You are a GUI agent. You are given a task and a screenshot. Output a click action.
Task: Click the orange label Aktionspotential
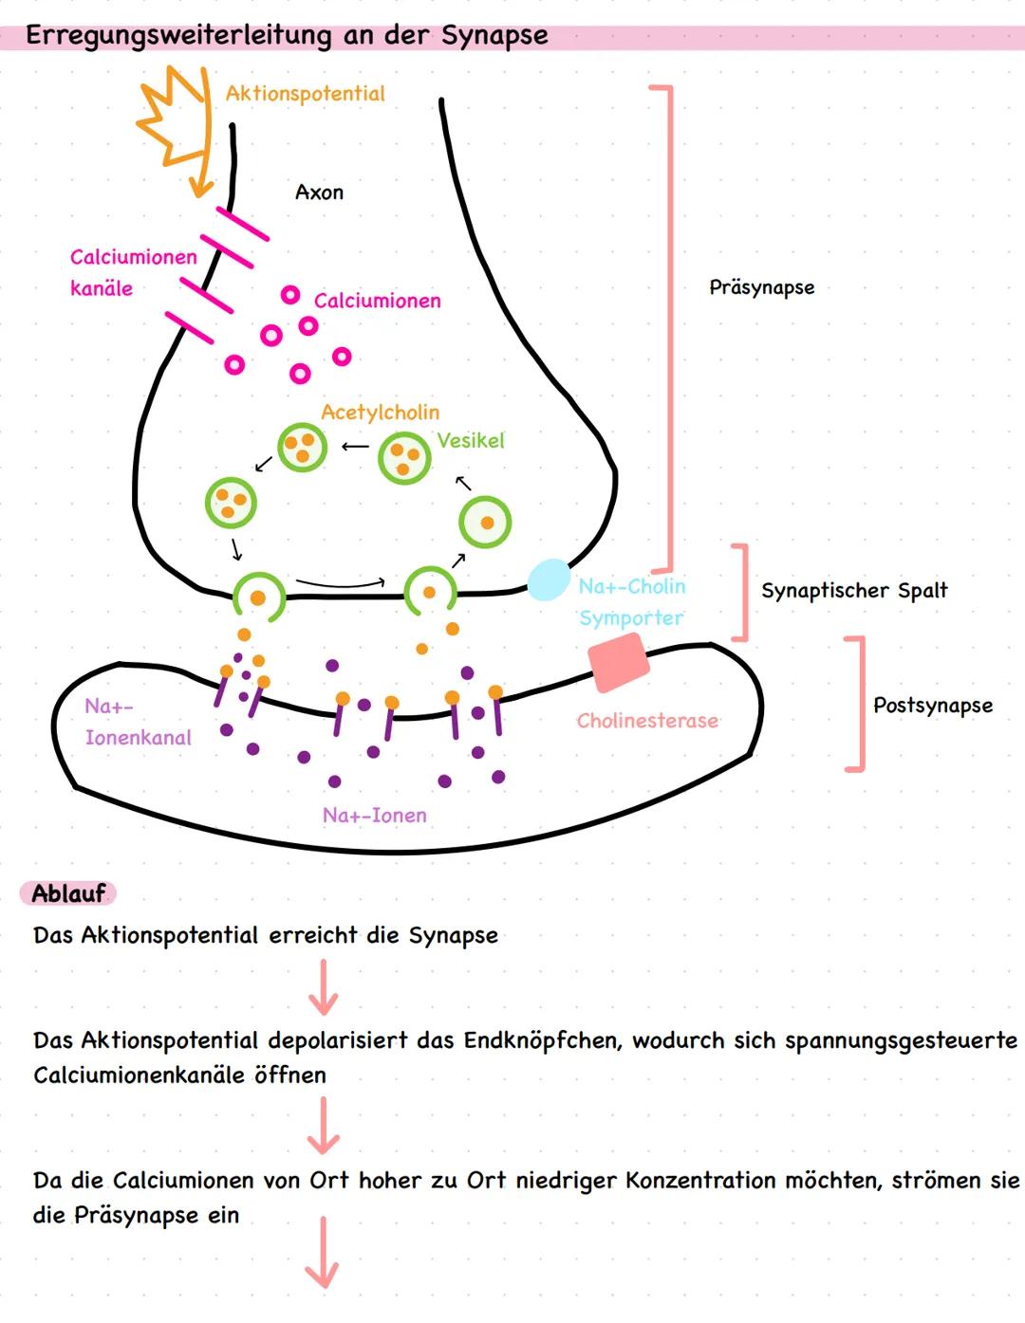(x=305, y=94)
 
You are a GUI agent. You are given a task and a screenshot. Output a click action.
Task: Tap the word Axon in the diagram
(x=319, y=193)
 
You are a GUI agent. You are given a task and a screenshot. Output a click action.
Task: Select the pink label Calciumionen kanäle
(x=133, y=272)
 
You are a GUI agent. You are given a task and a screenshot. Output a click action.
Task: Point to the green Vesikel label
(x=471, y=441)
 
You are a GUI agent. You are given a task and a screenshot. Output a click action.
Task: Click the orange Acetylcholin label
(x=380, y=413)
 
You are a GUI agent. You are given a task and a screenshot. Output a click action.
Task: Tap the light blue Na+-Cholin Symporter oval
(x=548, y=579)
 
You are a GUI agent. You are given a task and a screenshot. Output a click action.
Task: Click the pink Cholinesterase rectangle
(x=619, y=662)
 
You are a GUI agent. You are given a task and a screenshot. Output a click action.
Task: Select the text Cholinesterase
(x=647, y=721)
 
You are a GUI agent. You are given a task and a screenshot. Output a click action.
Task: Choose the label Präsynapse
(x=761, y=287)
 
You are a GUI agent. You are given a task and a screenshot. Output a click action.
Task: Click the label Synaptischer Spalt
(x=853, y=591)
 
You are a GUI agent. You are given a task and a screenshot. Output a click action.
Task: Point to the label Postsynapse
(x=932, y=706)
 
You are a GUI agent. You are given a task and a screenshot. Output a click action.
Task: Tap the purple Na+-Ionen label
(x=374, y=816)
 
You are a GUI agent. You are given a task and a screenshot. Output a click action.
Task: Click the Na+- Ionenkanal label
(x=138, y=722)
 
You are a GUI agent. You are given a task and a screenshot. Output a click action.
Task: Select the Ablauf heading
(x=68, y=893)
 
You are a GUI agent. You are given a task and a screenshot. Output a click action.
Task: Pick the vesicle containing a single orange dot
(x=485, y=523)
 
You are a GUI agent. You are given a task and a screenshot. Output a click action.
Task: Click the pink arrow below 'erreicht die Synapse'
(x=324, y=987)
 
